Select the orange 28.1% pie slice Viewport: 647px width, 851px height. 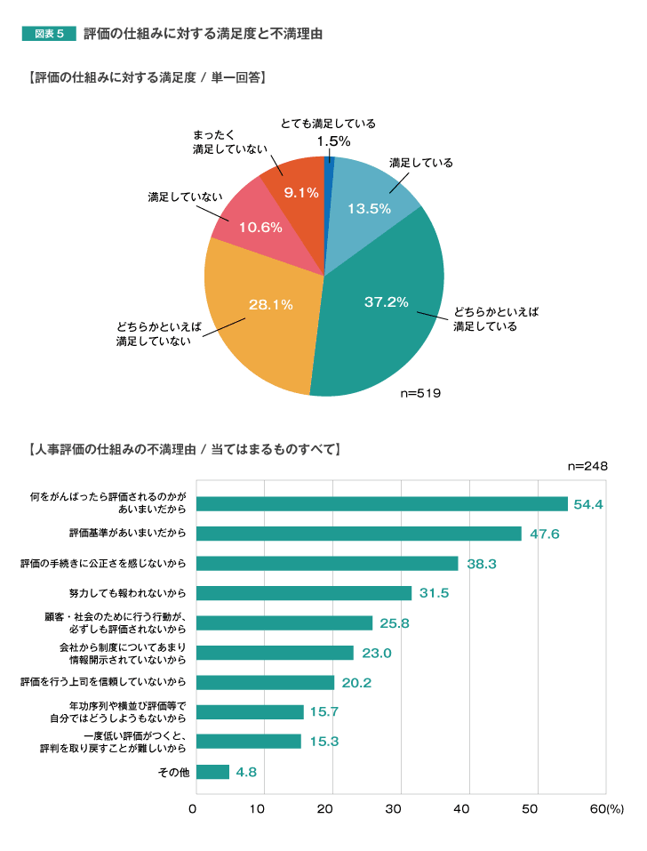[262, 311]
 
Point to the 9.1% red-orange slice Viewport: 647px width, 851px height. [300, 189]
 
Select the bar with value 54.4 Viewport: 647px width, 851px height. [381, 504]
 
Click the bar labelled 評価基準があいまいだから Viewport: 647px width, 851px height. [358, 534]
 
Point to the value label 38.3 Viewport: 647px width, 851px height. [481, 564]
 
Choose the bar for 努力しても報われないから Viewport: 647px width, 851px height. [304, 593]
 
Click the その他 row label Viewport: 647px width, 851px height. [173, 772]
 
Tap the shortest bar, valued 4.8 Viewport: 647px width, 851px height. [212, 772]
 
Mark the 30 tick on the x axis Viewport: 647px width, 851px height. [394, 808]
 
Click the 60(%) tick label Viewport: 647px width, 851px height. [608, 808]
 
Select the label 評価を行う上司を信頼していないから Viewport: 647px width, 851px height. [103, 682]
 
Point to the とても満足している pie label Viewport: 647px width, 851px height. [328, 124]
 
